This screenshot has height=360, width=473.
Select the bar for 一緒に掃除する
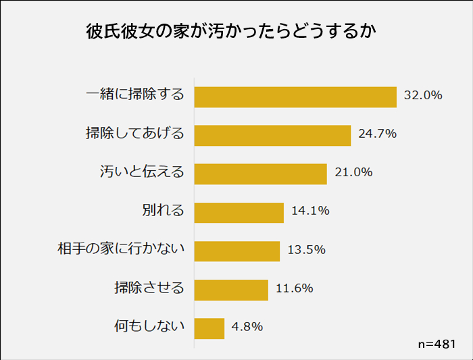point(295,97)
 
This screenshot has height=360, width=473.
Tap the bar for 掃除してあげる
point(272,135)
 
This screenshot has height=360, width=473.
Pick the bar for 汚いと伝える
point(261,174)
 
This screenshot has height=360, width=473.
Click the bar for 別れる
point(239,212)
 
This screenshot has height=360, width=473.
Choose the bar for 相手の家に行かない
point(237,251)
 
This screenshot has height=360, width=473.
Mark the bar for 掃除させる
point(231,290)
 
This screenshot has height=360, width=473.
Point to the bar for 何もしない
point(209,328)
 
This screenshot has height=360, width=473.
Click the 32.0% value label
point(423,95)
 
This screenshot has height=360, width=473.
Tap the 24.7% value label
point(377,134)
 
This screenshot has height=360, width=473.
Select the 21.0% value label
point(353,172)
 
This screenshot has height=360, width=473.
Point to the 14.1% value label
point(310,211)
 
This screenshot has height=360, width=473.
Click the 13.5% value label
point(306,249)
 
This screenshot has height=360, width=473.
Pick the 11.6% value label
point(295,288)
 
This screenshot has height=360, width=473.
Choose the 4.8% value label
point(247,327)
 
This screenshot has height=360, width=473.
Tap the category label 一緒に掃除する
point(136,95)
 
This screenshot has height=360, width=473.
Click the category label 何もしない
point(149,327)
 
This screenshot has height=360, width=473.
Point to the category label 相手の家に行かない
point(121,249)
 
